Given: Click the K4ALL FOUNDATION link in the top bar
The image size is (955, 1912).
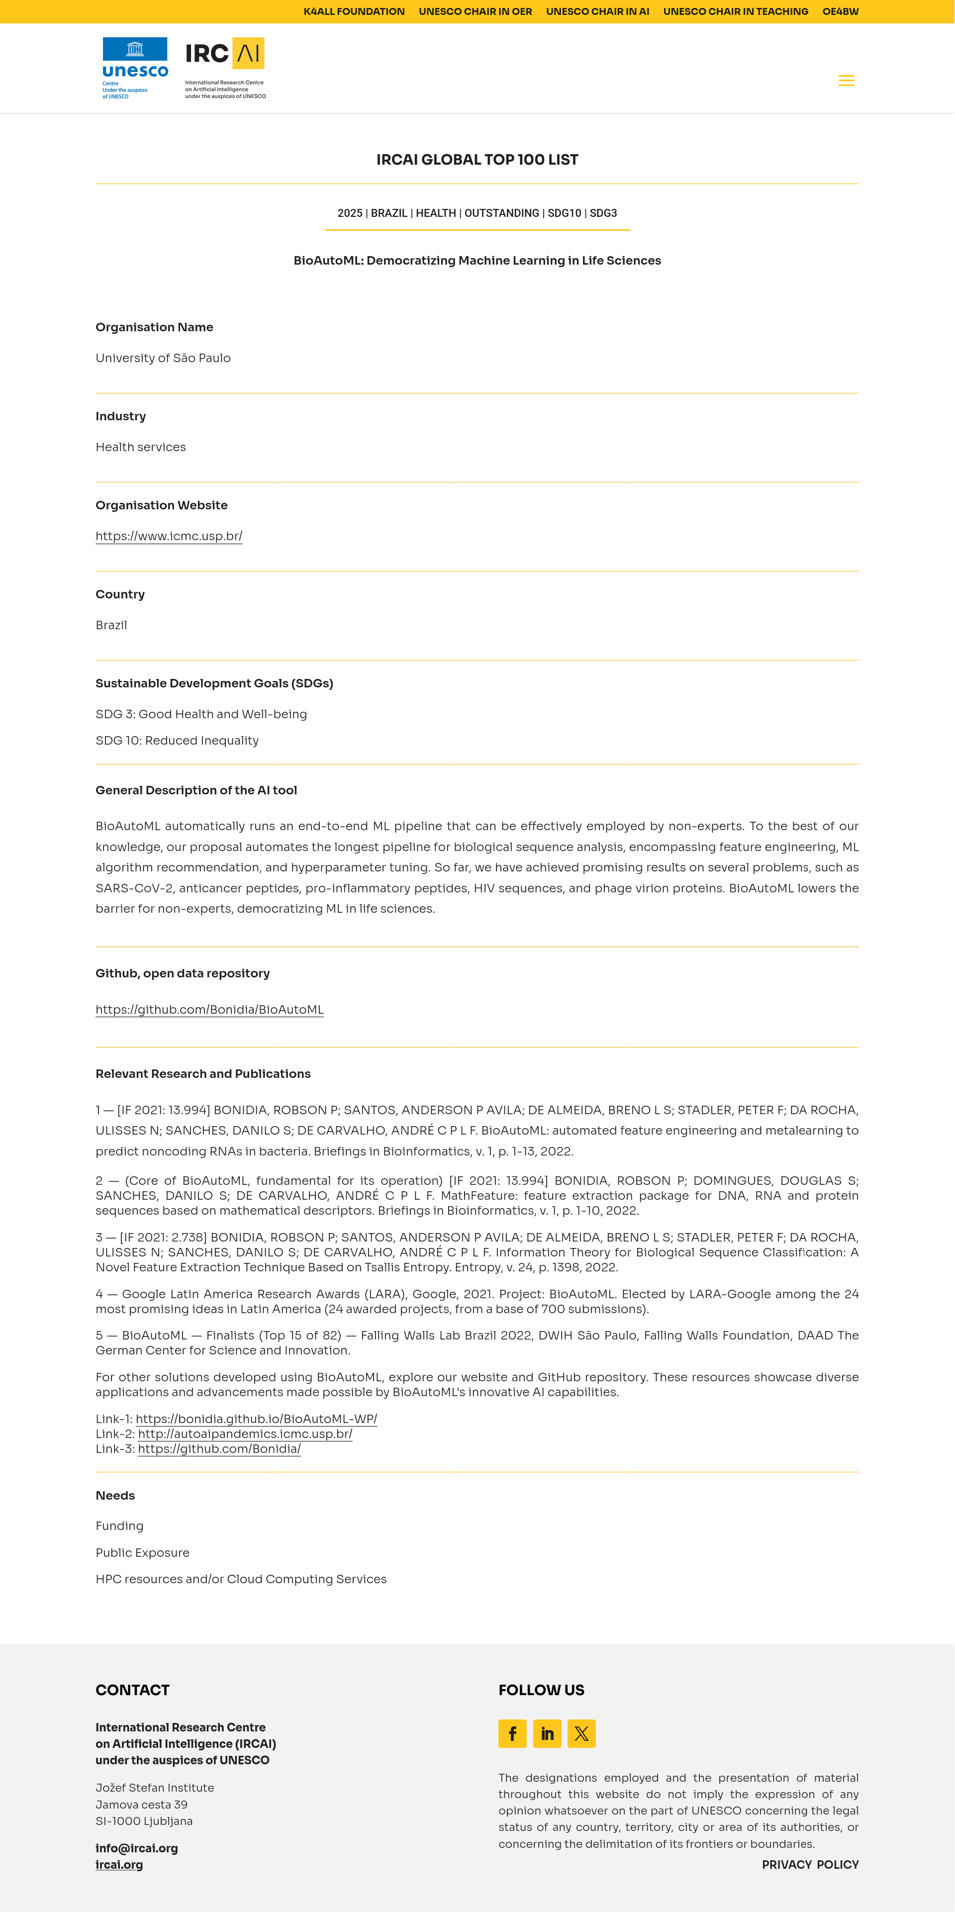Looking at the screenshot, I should [354, 11].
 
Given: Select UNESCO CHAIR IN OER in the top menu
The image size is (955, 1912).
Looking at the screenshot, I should [475, 11].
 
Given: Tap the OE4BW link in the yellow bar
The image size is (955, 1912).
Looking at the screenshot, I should [840, 11].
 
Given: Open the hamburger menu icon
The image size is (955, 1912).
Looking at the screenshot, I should [846, 80].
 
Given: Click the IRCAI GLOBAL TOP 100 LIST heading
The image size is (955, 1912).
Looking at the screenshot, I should [477, 160].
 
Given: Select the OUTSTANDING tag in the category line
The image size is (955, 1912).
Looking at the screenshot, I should [501, 213].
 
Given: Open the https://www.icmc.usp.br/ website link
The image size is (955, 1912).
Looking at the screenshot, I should [169, 536].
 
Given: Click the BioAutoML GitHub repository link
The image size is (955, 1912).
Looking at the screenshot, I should [209, 1009].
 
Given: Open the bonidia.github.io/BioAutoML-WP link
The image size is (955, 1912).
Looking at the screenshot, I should [256, 1419].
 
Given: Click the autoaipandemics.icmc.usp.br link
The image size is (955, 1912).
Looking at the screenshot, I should [245, 1434].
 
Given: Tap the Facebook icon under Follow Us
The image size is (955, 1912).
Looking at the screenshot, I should [512, 1733].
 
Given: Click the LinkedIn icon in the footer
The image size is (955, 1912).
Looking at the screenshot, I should [547, 1733].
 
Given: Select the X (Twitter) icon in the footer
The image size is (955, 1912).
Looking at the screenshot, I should [581, 1733].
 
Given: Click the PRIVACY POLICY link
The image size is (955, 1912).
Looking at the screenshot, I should [810, 1864].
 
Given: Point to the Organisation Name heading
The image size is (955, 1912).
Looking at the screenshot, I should [154, 327].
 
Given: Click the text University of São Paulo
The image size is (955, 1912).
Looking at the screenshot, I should [163, 358].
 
